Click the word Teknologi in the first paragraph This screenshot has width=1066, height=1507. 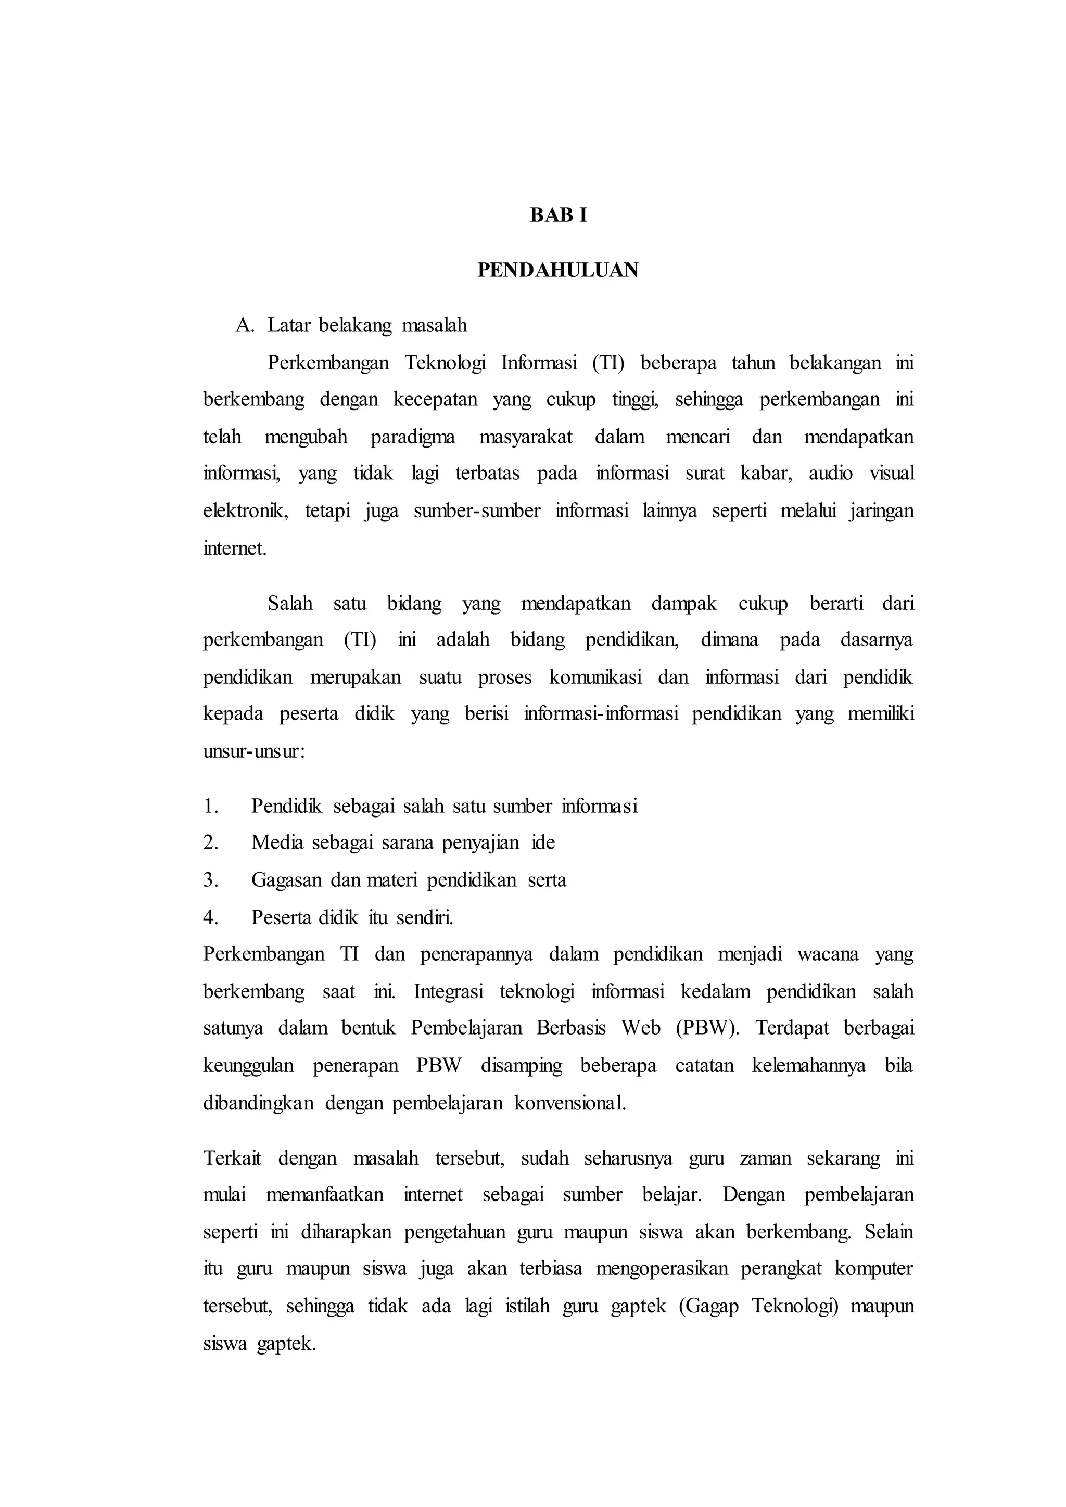[x=445, y=363]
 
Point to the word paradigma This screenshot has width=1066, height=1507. [x=412, y=437]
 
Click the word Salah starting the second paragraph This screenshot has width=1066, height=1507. [x=290, y=603]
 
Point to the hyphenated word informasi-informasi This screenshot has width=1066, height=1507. [x=601, y=713]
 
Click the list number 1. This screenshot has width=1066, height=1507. [x=210, y=806]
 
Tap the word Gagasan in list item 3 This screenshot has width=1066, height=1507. [x=286, y=880]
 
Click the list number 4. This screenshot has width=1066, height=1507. [x=210, y=917]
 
